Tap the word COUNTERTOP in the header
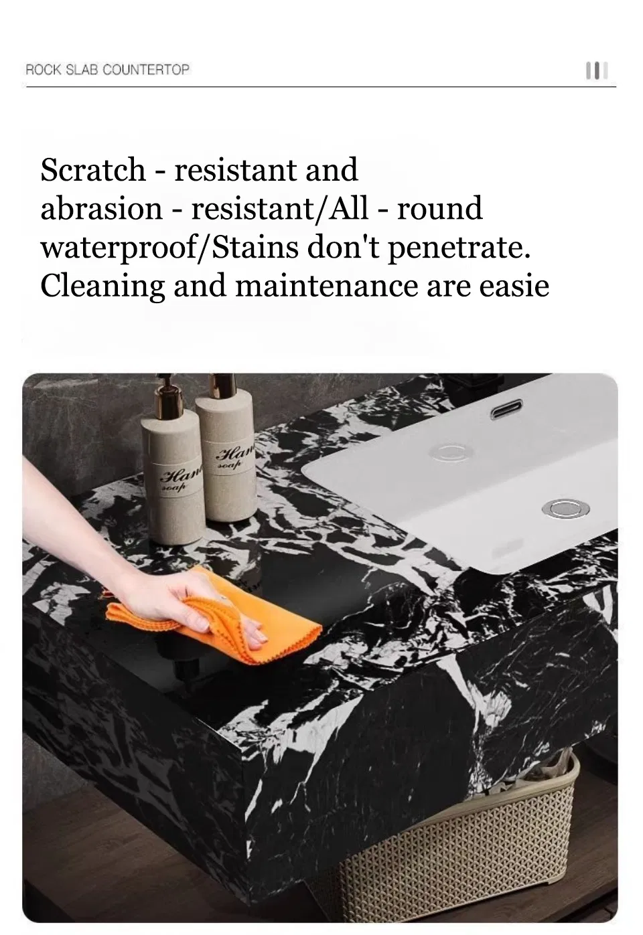point(146,70)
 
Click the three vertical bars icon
point(597,70)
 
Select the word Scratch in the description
point(92,170)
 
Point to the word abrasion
point(102,208)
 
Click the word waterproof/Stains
point(169,247)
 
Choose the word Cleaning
point(102,286)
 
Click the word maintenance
point(327,286)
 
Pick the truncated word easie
point(514,286)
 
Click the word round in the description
point(439,208)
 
